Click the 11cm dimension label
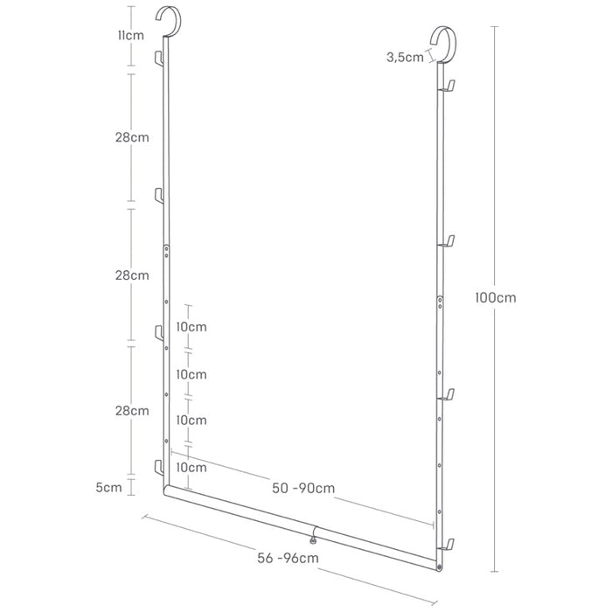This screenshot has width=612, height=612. tap(131, 36)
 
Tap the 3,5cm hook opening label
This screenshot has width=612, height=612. tap(405, 58)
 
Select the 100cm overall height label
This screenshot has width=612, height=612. tap(496, 298)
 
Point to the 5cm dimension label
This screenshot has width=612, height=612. tap(109, 488)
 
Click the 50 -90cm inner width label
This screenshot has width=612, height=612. tap(303, 488)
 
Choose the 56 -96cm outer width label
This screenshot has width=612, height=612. tap(288, 558)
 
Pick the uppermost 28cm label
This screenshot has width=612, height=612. tap(132, 137)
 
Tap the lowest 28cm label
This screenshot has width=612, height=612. tap(132, 411)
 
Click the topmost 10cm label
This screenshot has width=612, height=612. tap(191, 327)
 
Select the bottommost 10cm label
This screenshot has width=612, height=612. tap(191, 468)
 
